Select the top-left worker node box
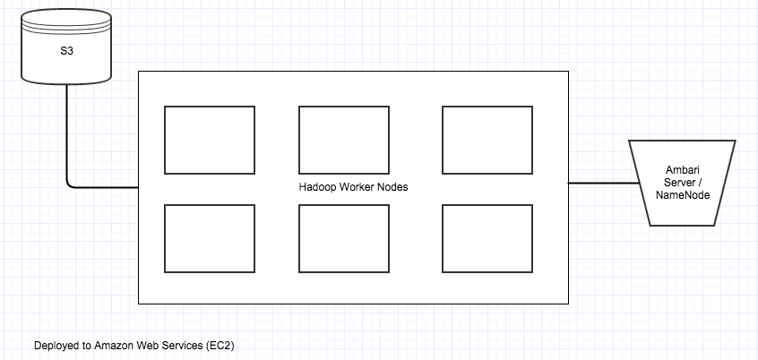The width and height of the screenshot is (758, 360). [210, 140]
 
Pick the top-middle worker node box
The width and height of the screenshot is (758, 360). [343, 140]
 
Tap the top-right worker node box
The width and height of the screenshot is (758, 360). [487, 140]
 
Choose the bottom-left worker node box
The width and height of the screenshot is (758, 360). [210, 238]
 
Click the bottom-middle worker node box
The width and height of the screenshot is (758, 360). [343, 238]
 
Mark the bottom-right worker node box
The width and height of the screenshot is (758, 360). [487, 238]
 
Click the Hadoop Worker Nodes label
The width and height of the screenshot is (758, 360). [352, 188]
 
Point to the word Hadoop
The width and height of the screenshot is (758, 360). [317, 188]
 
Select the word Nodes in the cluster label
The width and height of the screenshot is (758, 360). [391, 188]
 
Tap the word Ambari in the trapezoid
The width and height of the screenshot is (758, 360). [683, 170]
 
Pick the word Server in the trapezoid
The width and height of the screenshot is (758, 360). [679, 183]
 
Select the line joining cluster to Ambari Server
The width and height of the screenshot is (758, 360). [598, 183]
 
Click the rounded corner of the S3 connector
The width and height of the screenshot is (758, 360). [70, 184]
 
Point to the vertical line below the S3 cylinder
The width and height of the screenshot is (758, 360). [66, 134]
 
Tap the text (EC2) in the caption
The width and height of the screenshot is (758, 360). [220, 345]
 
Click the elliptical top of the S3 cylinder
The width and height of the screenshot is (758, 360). [66, 20]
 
